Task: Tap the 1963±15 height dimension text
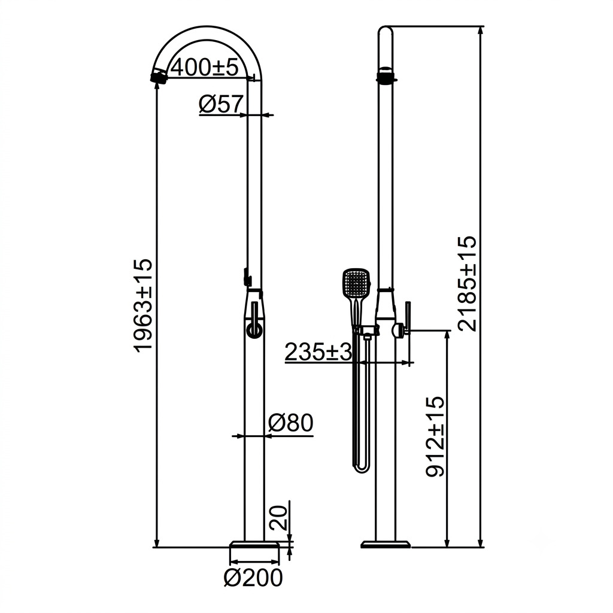(x=142, y=305)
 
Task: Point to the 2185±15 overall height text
(x=468, y=283)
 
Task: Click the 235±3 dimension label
(x=318, y=352)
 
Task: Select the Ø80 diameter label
(x=291, y=423)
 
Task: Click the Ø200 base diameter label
(x=253, y=578)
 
